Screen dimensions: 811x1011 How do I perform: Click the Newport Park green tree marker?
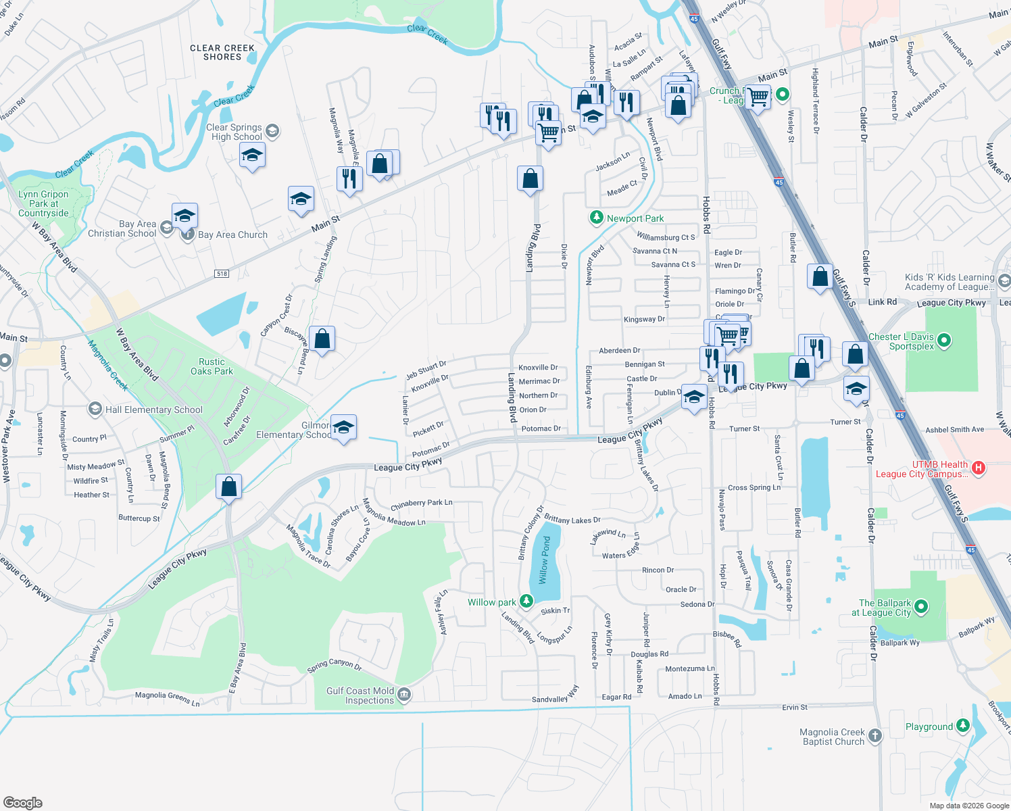click(x=596, y=218)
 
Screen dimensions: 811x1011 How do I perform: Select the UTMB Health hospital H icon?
click(x=977, y=468)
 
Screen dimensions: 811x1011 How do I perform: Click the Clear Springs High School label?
click(x=234, y=132)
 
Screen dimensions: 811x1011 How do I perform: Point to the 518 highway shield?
click(x=222, y=273)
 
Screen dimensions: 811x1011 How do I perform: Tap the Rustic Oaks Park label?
click(x=212, y=366)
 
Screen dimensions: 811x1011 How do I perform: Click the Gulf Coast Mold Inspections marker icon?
click(x=404, y=695)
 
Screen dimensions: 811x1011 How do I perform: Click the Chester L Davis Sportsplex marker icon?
click(x=944, y=340)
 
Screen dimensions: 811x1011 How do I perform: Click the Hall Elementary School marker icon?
click(x=95, y=409)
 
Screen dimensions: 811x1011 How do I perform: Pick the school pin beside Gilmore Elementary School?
click(x=343, y=428)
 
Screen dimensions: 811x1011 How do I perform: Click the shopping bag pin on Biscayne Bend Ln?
click(x=322, y=339)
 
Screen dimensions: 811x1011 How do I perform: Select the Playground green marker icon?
click(x=962, y=726)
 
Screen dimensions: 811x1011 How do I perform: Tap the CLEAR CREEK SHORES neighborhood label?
click(x=222, y=53)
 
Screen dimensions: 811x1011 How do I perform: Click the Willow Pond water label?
click(x=545, y=560)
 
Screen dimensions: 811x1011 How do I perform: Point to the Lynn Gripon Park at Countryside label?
click(x=43, y=203)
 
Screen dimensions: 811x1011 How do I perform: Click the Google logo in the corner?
click(x=23, y=802)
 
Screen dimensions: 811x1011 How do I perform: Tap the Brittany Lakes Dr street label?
click(x=572, y=519)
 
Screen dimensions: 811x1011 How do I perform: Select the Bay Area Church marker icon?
click(x=188, y=235)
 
